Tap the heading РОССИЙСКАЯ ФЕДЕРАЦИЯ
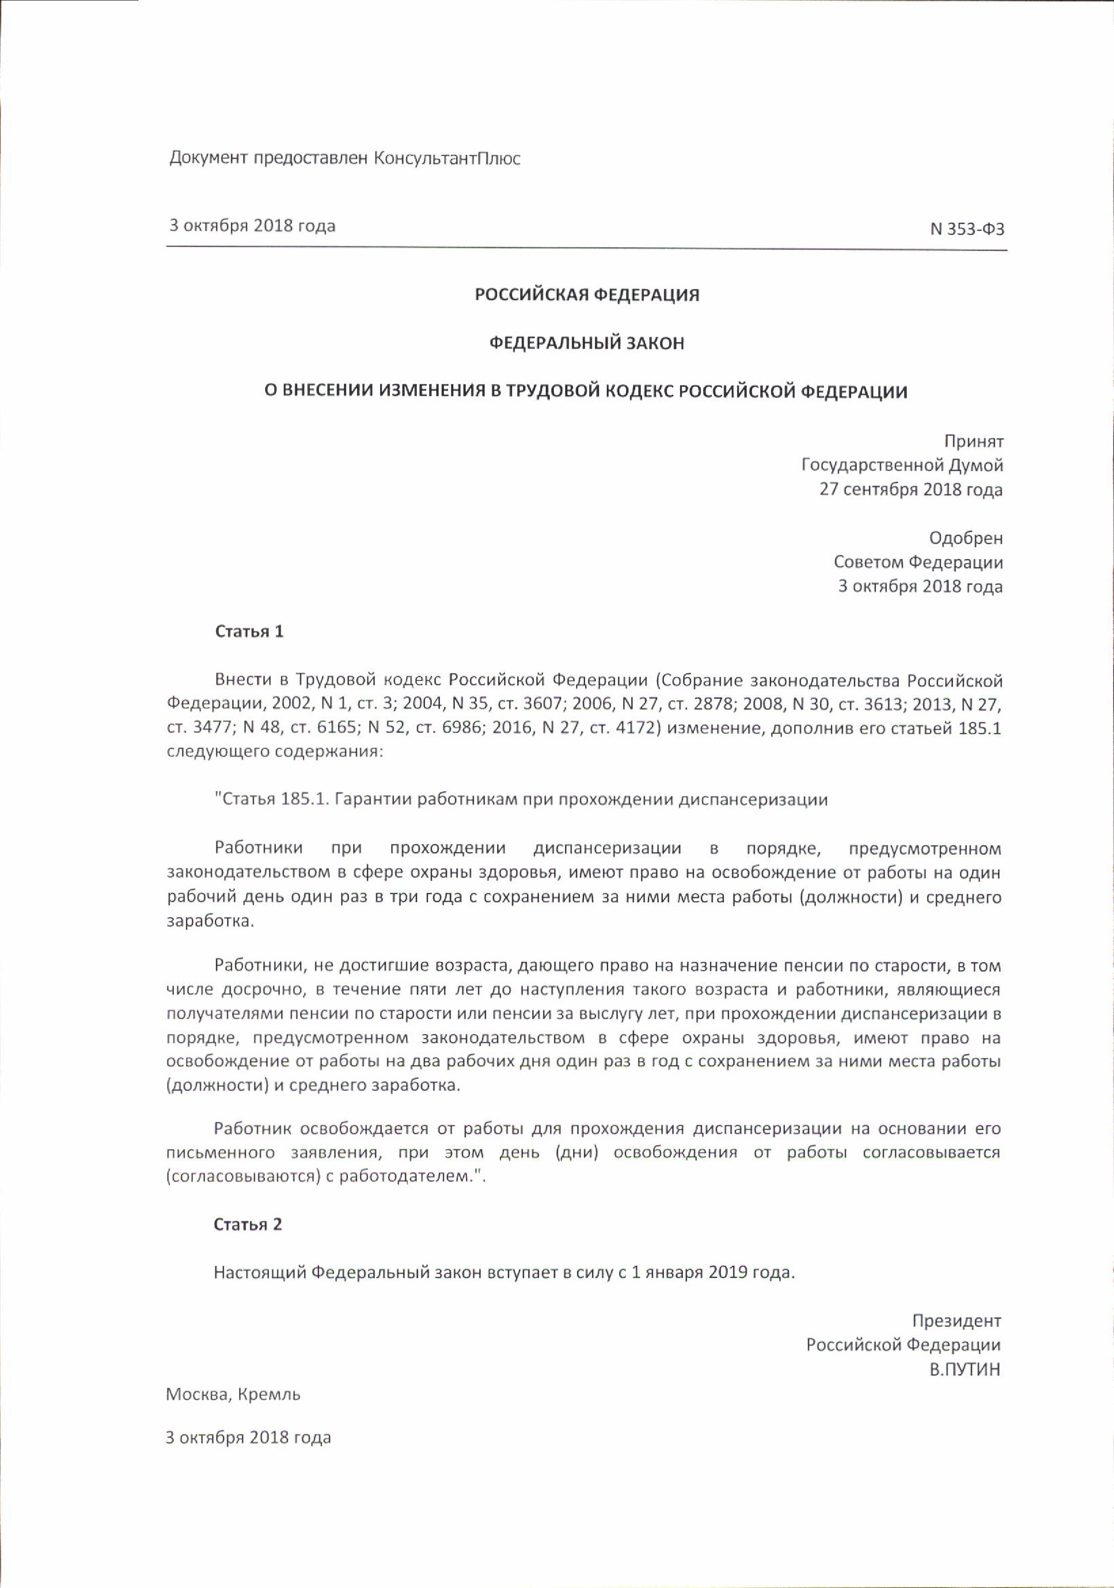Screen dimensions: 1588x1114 pos(587,295)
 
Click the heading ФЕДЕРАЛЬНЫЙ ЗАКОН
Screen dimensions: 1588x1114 pos(587,343)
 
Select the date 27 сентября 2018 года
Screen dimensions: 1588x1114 pos(910,490)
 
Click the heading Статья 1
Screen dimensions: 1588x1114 pos(249,632)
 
